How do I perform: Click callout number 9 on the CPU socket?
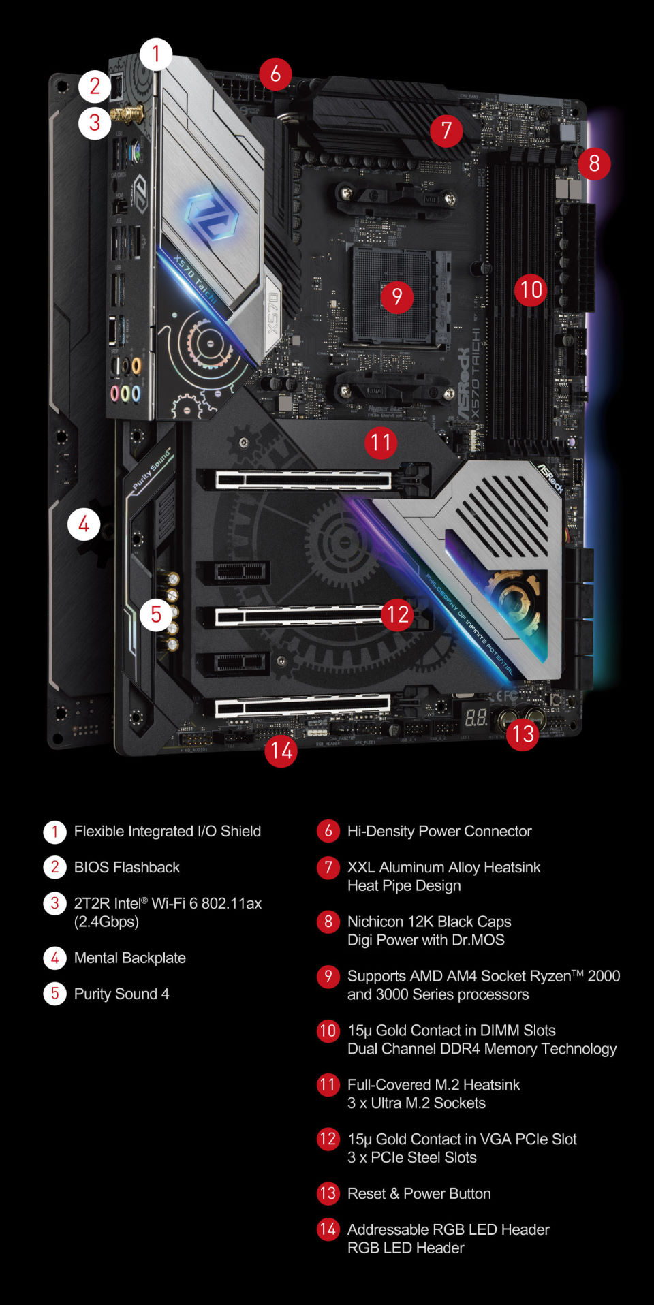click(396, 296)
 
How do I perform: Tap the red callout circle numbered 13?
click(523, 734)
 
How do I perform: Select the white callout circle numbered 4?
click(84, 524)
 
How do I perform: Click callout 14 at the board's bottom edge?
click(281, 751)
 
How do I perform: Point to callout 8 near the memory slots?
click(594, 163)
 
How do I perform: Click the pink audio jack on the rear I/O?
click(115, 393)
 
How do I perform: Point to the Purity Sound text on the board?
click(152, 469)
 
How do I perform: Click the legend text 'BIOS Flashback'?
click(127, 867)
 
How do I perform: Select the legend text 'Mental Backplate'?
click(129, 958)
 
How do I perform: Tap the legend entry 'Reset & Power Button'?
click(418, 1193)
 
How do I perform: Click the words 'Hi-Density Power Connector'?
click(439, 831)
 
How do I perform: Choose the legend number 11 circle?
click(328, 1084)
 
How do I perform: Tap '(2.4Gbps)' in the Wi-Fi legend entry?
click(106, 922)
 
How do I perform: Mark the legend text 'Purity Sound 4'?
click(121, 994)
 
